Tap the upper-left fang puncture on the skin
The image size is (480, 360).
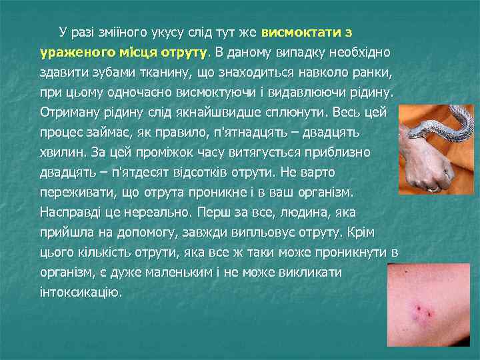pyautogui.click(x=419, y=307)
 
